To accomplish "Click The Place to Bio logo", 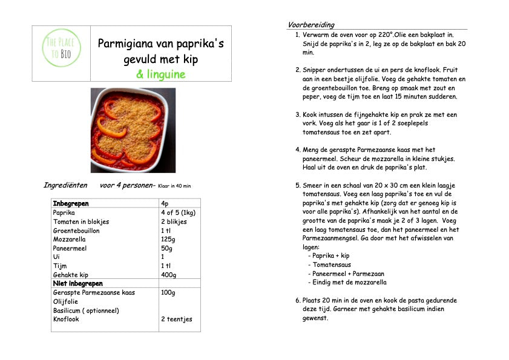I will coord(61,53).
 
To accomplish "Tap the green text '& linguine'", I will coord(160,74).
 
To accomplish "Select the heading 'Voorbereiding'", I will coord(310,25).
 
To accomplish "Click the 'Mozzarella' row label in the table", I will coord(70,240).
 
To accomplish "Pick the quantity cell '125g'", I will coord(169,240).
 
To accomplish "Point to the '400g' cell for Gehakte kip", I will coord(170,275).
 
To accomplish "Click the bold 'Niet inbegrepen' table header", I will coord(78,284).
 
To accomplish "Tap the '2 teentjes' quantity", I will coord(176,319).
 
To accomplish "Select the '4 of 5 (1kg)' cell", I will coord(178,213).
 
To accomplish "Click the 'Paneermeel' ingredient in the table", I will coord(70,248).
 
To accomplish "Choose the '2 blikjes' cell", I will coord(174,222).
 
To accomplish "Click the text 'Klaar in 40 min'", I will coord(179,186).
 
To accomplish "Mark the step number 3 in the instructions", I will coord(298,114).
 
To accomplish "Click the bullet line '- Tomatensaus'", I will coord(329,264).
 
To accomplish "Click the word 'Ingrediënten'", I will coord(65,185).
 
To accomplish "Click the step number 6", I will coord(298,300).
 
